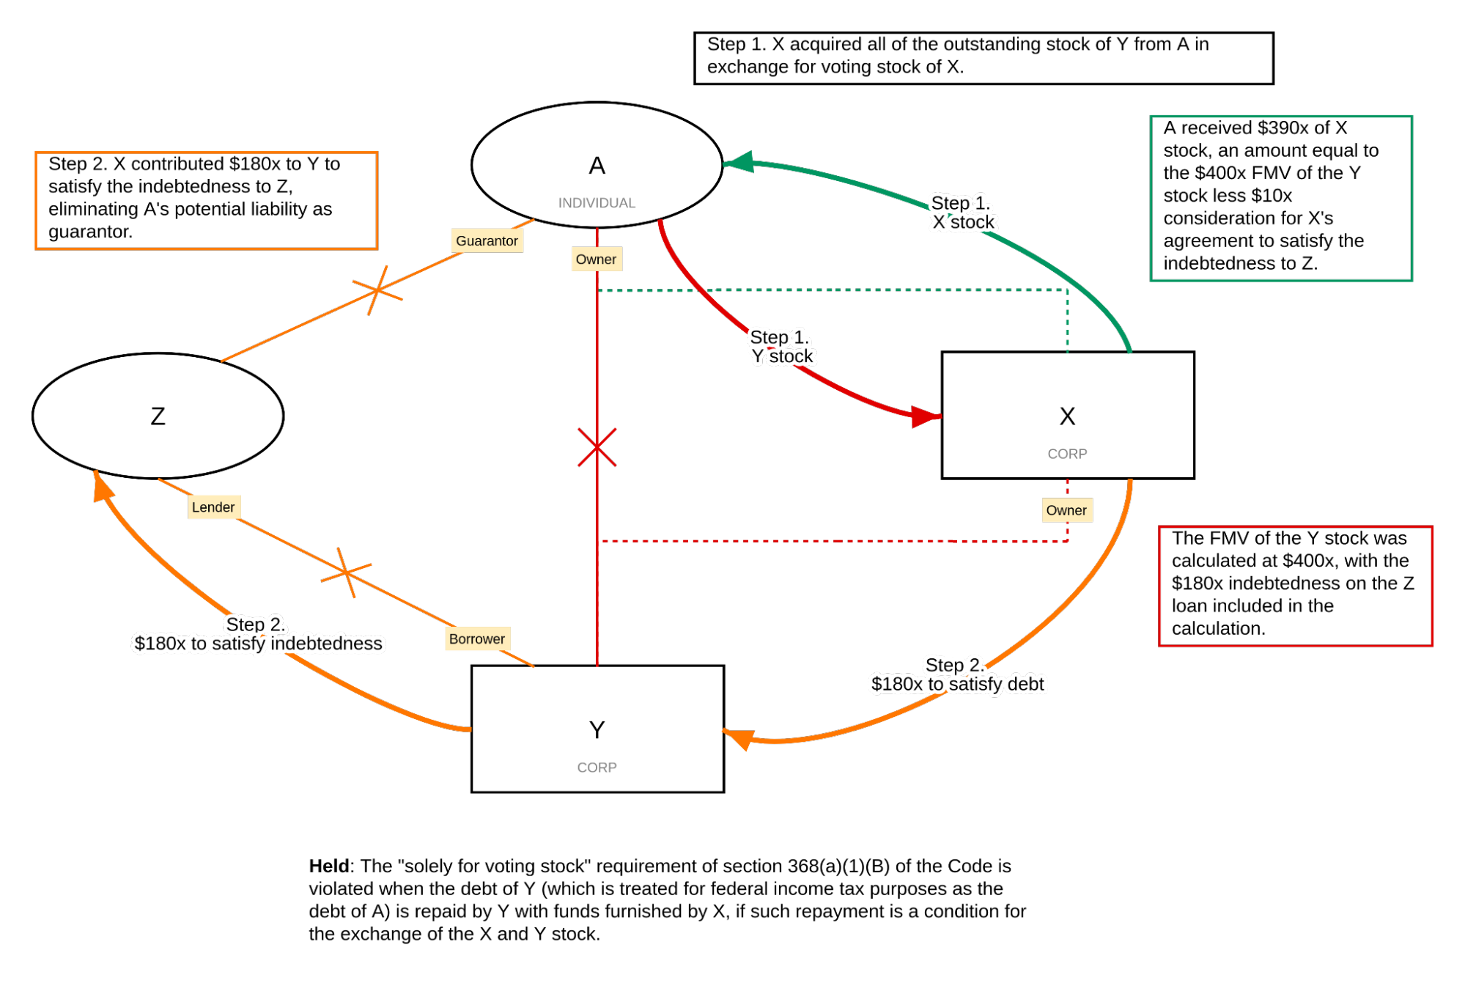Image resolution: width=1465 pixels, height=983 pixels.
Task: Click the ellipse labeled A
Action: [x=597, y=165]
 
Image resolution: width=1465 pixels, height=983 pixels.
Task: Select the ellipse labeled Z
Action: [x=158, y=416]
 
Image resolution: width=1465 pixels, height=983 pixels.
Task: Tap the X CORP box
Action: [x=1067, y=416]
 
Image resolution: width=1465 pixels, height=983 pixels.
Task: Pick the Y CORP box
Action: [x=597, y=729]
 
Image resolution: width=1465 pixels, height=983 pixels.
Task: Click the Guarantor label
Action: [x=487, y=240]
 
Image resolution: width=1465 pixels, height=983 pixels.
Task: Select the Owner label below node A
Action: [x=596, y=259]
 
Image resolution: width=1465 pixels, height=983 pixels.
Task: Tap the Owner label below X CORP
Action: [x=1066, y=510]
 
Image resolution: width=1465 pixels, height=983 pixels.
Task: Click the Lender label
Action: [x=213, y=507]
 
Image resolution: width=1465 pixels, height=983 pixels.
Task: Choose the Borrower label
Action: [x=476, y=638]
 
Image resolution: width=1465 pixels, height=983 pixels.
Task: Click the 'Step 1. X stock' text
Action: [x=962, y=213]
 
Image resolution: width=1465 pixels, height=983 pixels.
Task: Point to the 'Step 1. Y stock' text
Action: [x=781, y=347]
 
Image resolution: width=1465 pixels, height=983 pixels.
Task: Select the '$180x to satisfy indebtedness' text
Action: [x=258, y=643]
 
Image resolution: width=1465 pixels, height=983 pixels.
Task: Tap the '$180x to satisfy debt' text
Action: [x=957, y=683]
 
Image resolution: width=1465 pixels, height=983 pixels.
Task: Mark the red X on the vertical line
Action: [x=597, y=447]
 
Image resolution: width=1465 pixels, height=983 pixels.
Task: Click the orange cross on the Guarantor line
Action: [x=377, y=290]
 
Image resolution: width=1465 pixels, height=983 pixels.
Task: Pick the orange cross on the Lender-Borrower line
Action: [x=347, y=573]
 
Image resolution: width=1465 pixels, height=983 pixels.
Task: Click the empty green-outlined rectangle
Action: [x=1280, y=198]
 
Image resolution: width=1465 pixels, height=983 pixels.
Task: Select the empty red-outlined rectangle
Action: [x=1294, y=586]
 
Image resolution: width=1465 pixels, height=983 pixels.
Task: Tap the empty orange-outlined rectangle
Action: [x=206, y=200]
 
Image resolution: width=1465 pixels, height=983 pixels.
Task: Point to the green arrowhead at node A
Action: [x=740, y=162]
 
